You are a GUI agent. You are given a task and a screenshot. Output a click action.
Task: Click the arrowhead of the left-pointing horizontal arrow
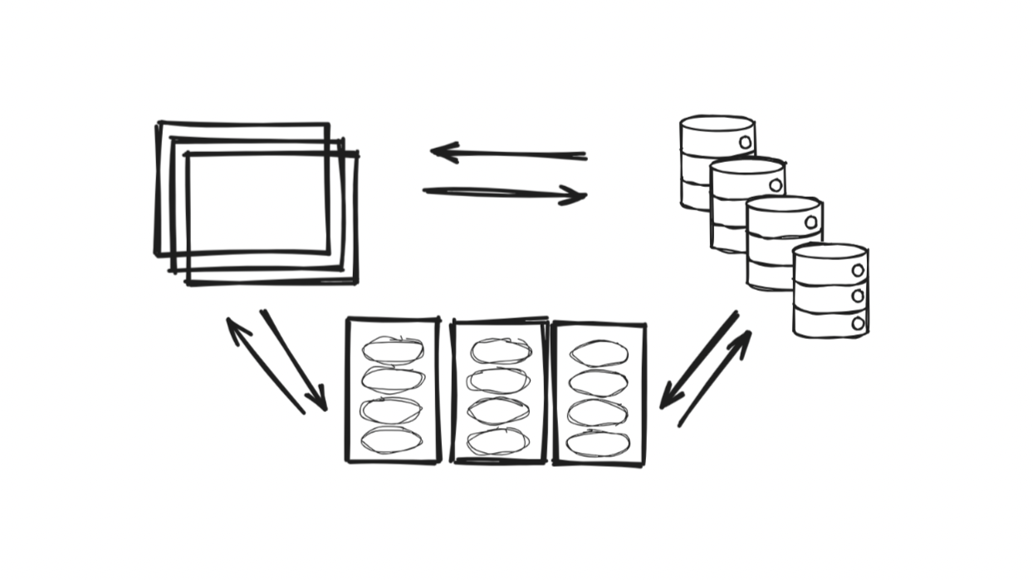[440, 152]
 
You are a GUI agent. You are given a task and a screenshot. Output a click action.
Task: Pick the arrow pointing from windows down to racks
[295, 361]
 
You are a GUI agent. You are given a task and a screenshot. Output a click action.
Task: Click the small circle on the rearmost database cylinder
[745, 142]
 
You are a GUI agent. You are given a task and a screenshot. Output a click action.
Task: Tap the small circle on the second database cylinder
[776, 184]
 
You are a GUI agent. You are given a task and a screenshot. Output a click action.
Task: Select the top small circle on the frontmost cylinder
[858, 269]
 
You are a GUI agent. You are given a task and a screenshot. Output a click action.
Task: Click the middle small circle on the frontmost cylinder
[858, 296]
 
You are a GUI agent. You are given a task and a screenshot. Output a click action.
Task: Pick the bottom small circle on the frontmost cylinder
[858, 322]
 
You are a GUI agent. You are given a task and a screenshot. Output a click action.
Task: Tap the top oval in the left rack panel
[393, 350]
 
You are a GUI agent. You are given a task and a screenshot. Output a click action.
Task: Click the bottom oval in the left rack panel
[392, 441]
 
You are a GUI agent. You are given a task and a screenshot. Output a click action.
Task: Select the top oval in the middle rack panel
[499, 350]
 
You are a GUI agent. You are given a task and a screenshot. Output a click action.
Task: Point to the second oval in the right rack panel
[599, 382]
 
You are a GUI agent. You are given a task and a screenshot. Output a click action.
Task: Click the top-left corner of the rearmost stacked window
[159, 125]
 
